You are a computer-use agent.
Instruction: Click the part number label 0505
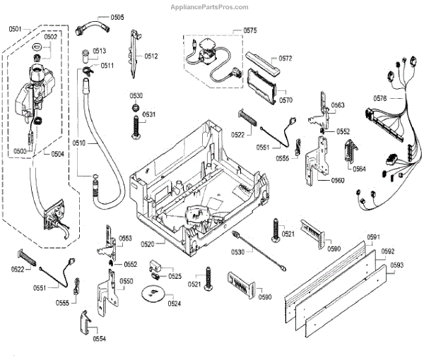click(x=117, y=17)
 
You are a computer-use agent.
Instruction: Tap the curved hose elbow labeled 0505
click(x=93, y=27)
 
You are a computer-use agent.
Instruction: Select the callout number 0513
click(x=99, y=51)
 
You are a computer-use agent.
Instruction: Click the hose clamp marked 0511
click(x=88, y=70)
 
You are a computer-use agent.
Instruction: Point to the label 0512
click(x=151, y=56)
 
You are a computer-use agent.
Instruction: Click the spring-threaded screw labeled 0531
click(x=136, y=127)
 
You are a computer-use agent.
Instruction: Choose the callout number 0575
click(x=250, y=30)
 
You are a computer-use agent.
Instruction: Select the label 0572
click(x=285, y=59)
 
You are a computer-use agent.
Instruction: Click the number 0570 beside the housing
click(x=285, y=100)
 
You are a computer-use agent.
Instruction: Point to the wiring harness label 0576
click(x=380, y=99)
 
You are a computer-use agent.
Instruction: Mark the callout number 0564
click(x=359, y=169)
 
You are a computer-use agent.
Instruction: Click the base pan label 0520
click(x=148, y=244)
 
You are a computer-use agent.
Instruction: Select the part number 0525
click(x=175, y=276)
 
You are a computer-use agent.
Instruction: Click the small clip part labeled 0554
click(x=86, y=323)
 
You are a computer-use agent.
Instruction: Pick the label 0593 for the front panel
click(x=396, y=265)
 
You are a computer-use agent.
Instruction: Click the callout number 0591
click(x=373, y=237)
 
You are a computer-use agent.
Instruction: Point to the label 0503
click(x=20, y=151)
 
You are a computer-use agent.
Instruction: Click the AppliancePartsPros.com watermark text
click(x=209, y=7)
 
